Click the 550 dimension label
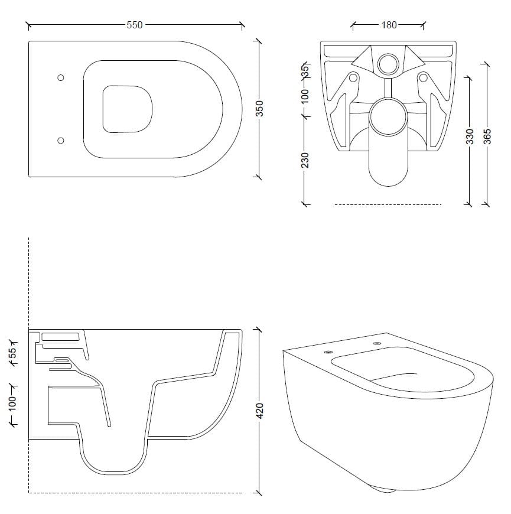(134, 25)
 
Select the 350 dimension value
(259, 109)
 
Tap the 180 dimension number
(389, 25)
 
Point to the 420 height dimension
(259, 411)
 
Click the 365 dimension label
(487, 136)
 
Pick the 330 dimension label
(470, 136)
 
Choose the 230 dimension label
(305, 160)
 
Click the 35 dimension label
(305, 71)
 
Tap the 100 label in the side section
(13, 404)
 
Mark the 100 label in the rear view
(305, 96)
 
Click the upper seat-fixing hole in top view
(61, 77)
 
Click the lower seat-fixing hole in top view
(61, 140)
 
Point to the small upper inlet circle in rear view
(388, 64)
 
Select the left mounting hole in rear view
(353, 78)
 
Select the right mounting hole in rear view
(423, 78)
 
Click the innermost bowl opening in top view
(128, 109)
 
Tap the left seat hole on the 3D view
(328, 352)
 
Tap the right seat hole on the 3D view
(377, 344)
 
